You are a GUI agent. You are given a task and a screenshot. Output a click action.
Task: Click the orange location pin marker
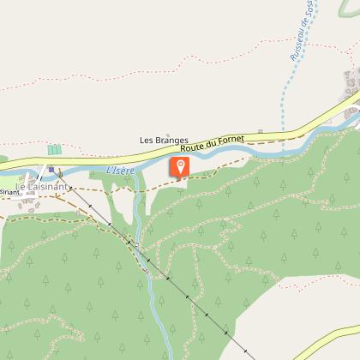tap(180, 166)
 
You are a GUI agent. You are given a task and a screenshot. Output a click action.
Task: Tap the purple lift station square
tap(51, 170)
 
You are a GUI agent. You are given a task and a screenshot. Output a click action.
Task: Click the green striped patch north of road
tap(54, 149)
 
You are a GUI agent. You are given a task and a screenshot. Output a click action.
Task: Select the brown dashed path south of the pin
tap(214, 171)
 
